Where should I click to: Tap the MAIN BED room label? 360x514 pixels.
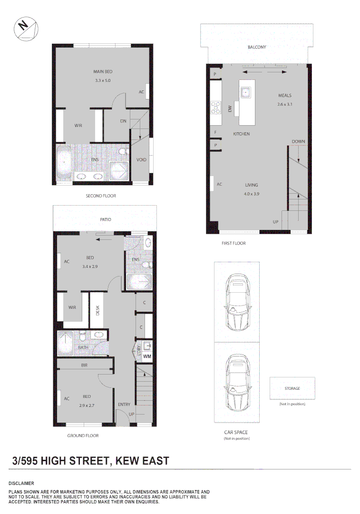pyautogui.click(x=102, y=72)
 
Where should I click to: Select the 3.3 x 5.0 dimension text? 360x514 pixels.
pyautogui.click(x=102, y=81)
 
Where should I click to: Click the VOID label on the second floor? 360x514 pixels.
pyautogui.click(x=141, y=160)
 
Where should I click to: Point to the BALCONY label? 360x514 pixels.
pyautogui.click(x=257, y=47)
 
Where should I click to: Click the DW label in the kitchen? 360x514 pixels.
pyautogui.click(x=230, y=109)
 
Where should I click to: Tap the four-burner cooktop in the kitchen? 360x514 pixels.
pyautogui.click(x=216, y=108)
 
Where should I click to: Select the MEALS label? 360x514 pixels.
pyautogui.click(x=284, y=96)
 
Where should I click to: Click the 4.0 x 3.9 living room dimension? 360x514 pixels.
pyautogui.click(x=251, y=194)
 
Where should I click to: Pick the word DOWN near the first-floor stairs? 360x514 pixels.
pyautogui.click(x=298, y=142)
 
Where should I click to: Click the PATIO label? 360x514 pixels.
pyautogui.click(x=105, y=219)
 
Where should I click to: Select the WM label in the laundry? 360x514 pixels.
pyautogui.click(x=147, y=356)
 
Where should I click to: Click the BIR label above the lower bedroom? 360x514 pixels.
pyautogui.click(x=84, y=365)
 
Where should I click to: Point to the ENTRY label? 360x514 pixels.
pyautogui.click(x=124, y=405)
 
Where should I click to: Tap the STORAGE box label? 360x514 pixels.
pyautogui.click(x=292, y=388)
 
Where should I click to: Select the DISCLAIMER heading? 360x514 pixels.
pyautogui.click(x=21, y=483)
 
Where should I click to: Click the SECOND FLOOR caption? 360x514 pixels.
pyautogui.click(x=100, y=196)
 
